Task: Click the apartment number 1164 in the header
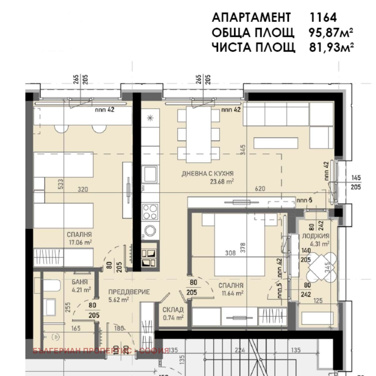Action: click(x=323, y=18)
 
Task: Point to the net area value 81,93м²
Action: click(x=331, y=47)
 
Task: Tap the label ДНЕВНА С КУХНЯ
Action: click(x=207, y=173)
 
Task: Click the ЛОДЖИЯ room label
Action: click(x=315, y=236)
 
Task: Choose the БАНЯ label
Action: click(x=80, y=282)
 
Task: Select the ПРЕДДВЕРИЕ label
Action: click(x=129, y=292)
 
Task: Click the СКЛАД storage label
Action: click(x=173, y=310)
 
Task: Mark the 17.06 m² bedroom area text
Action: click(x=80, y=242)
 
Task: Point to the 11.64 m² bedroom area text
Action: click(x=232, y=293)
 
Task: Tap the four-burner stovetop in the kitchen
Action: click(x=150, y=212)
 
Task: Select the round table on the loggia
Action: click(x=322, y=266)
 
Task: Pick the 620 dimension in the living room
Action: click(x=260, y=189)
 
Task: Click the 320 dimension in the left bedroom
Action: click(x=83, y=190)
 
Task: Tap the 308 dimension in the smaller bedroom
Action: click(x=230, y=253)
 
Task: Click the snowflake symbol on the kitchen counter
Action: click(x=150, y=118)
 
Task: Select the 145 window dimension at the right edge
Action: click(x=356, y=178)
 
